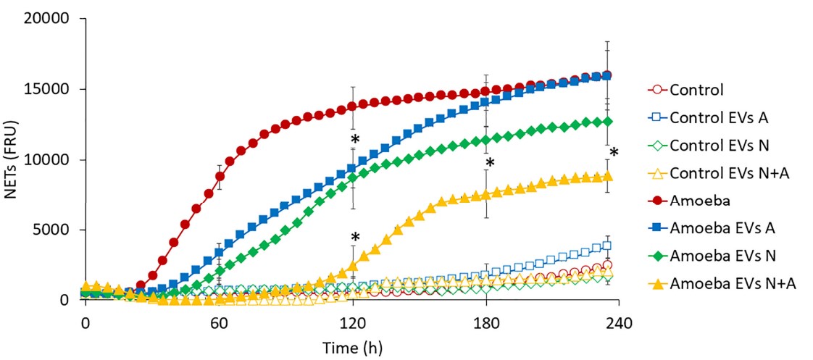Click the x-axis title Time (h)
[x=352, y=347]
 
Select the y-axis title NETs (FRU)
[x=14, y=159]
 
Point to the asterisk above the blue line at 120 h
[x=355, y=141]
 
